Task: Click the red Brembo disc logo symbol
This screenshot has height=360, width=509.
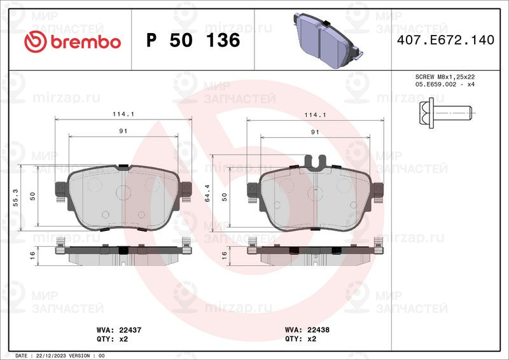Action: click(x=36, y=41)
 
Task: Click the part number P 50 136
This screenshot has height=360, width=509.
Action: click(x=193, y=40)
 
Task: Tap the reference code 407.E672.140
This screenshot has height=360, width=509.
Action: click(x=445, y=40)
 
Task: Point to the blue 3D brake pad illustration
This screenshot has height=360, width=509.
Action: click(x=328, y=40)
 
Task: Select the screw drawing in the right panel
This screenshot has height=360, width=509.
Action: click(x=445, y=113)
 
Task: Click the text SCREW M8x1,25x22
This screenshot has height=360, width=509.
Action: click(x=445, y=77)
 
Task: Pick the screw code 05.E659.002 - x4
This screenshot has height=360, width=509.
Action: click(x=445, y=85)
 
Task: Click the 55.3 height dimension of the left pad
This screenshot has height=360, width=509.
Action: click(x=15, y=197)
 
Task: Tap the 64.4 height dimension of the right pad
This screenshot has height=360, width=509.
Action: click(x=207, y=193)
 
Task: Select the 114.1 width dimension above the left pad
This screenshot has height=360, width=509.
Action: click(x=123, y=114)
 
